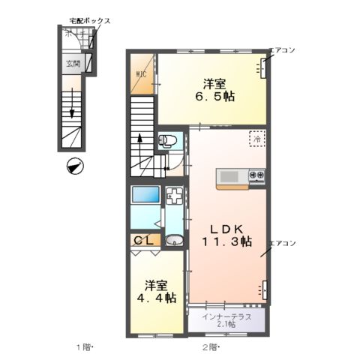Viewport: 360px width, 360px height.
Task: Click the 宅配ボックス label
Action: point(90,21)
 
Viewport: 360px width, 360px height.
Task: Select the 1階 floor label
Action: point(83,346)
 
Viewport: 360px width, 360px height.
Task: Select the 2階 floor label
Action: point(209,346)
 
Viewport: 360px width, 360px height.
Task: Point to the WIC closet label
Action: point(141,75)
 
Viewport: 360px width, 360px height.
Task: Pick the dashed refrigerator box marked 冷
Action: point(256,139)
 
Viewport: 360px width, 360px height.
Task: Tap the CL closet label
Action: point(143,241)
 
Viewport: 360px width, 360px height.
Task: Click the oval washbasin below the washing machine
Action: point(173,241)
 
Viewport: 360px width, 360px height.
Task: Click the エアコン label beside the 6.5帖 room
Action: point(282,50)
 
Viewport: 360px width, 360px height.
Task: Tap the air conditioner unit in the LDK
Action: point(264,289)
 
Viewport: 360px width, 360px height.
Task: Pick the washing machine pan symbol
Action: point(174,198)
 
